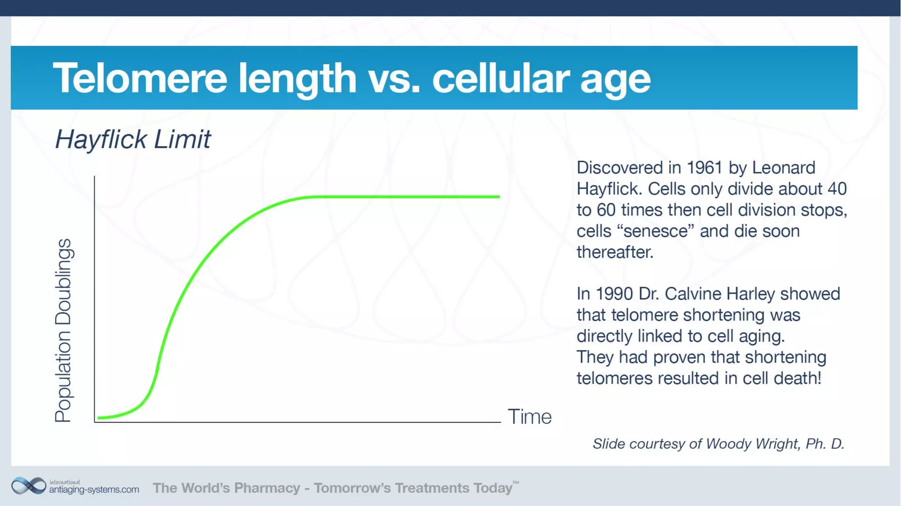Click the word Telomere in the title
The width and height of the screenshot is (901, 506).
[140, 78]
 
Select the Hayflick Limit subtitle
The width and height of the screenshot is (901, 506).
[132, 139]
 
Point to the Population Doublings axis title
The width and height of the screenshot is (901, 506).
[63, 330]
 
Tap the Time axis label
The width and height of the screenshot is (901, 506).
[529, 416]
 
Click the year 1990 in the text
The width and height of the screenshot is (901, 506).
[614, 294]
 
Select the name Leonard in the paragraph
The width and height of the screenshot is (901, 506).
[784, 168]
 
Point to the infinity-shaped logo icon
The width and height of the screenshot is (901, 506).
[29, 486]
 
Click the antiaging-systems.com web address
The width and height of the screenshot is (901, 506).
[94, 489]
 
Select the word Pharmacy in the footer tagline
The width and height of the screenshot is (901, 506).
[267, 488]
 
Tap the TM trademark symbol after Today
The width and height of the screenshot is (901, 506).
[516, 483]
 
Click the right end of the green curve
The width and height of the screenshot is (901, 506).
[498, 197]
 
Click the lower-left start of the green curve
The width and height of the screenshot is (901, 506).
[99, 417]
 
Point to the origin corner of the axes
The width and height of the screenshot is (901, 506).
[95, 422]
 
